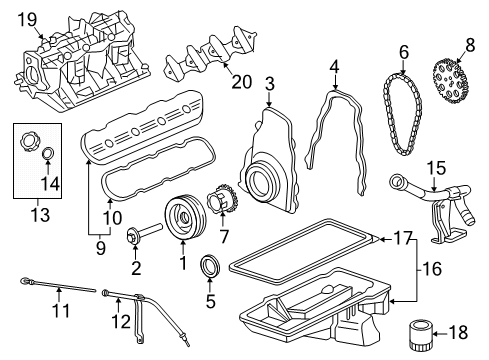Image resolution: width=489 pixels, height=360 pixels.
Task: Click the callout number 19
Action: tap(27, 17)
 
